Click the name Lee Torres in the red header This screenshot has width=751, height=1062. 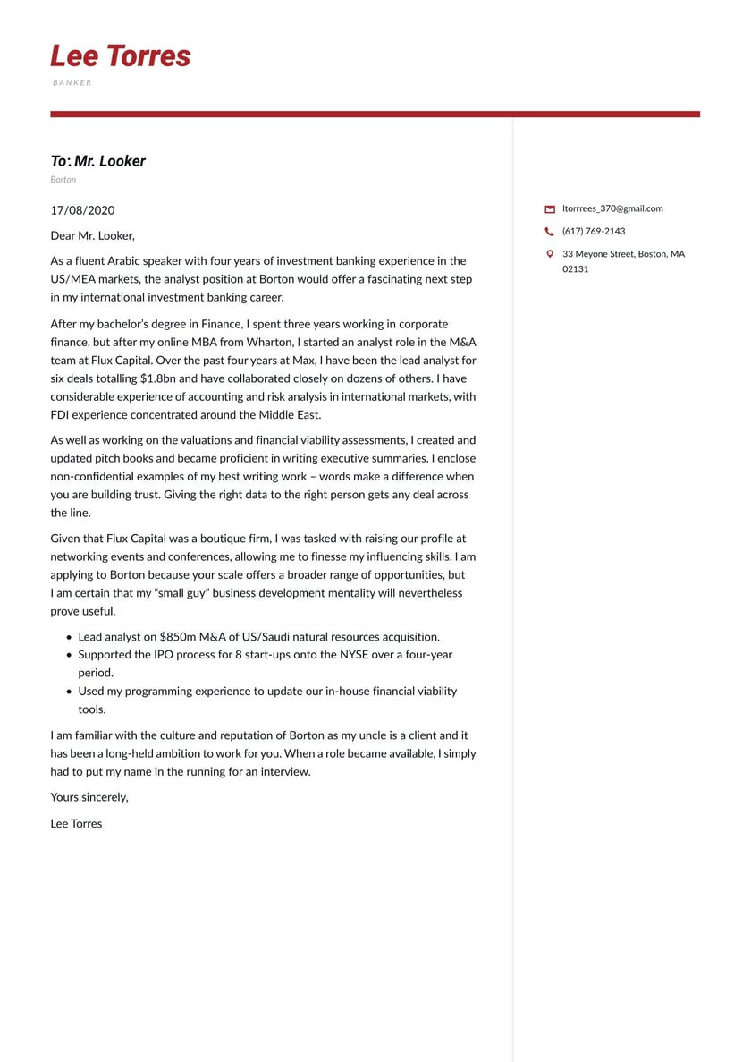[121, 55]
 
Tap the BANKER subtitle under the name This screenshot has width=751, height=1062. [72, 82]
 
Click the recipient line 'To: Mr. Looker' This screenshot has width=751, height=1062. [97, 161]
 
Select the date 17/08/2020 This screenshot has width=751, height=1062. [82, 210]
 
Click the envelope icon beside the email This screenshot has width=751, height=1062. [550, 209]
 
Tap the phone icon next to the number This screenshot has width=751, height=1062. [550, 232]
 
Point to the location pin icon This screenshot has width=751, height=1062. [550, 254]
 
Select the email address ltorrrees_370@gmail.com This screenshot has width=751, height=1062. [612, 208]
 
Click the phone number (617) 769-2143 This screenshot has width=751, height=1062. [594, 231]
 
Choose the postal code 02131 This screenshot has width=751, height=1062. [576, 268]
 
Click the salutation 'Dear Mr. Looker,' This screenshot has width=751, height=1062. [92, 235]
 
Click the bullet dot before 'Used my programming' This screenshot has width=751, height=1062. [69, 692]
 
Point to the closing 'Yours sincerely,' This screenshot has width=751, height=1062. [89, 797]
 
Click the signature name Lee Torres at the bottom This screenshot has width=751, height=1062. [76, 824]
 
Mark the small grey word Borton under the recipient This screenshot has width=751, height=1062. [63, 180]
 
